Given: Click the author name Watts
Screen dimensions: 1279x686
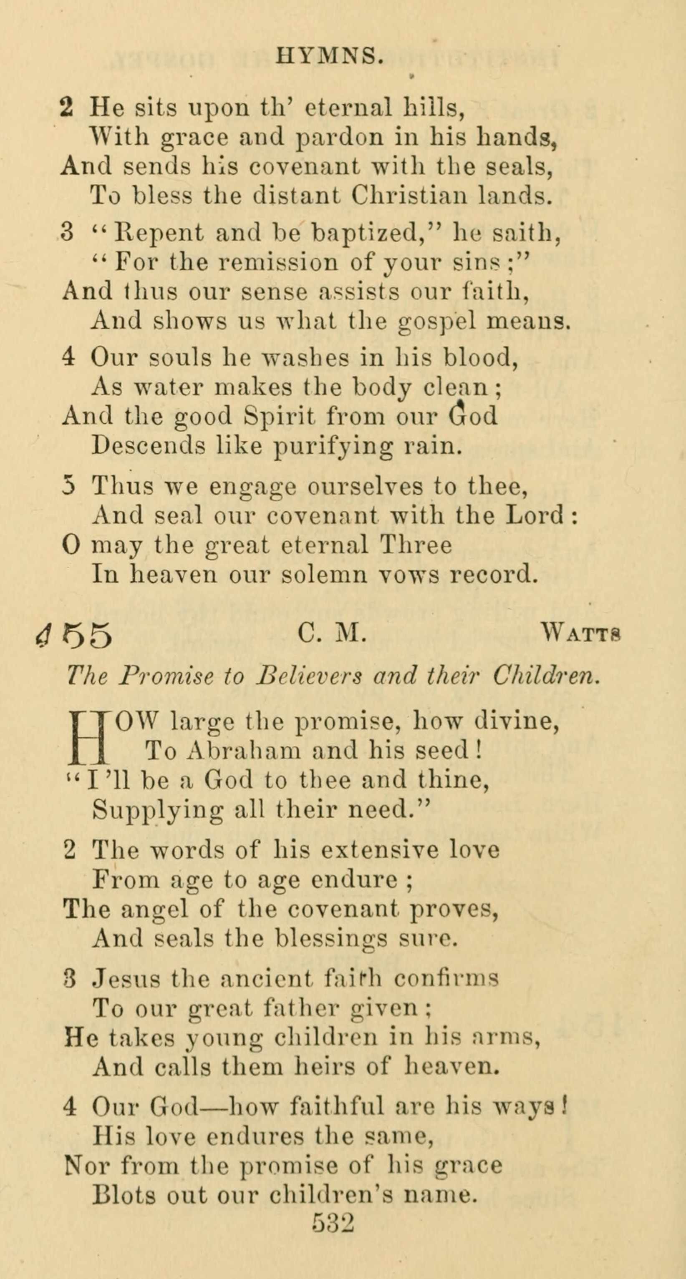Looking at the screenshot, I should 581,634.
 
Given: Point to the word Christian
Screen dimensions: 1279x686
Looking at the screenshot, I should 409,196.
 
